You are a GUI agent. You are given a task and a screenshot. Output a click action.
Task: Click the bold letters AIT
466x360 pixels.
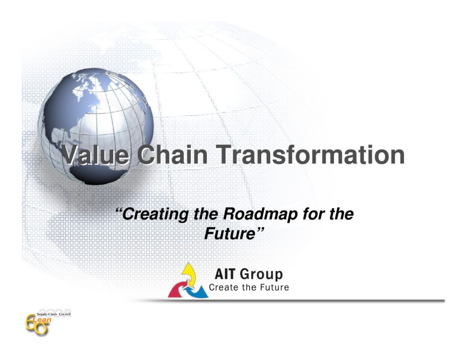point(225,274)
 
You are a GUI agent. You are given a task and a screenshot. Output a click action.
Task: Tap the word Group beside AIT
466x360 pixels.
point(261,274)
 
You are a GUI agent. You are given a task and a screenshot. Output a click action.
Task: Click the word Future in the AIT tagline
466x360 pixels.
point(273,287)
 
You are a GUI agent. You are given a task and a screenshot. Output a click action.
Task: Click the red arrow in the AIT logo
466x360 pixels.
point(177,290)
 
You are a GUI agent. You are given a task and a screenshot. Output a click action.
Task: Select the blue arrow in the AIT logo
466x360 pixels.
point(198,291)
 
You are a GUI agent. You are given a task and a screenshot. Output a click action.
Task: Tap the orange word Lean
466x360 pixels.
point(45,321)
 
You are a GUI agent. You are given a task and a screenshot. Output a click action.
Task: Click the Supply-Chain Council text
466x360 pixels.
point(53,315)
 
